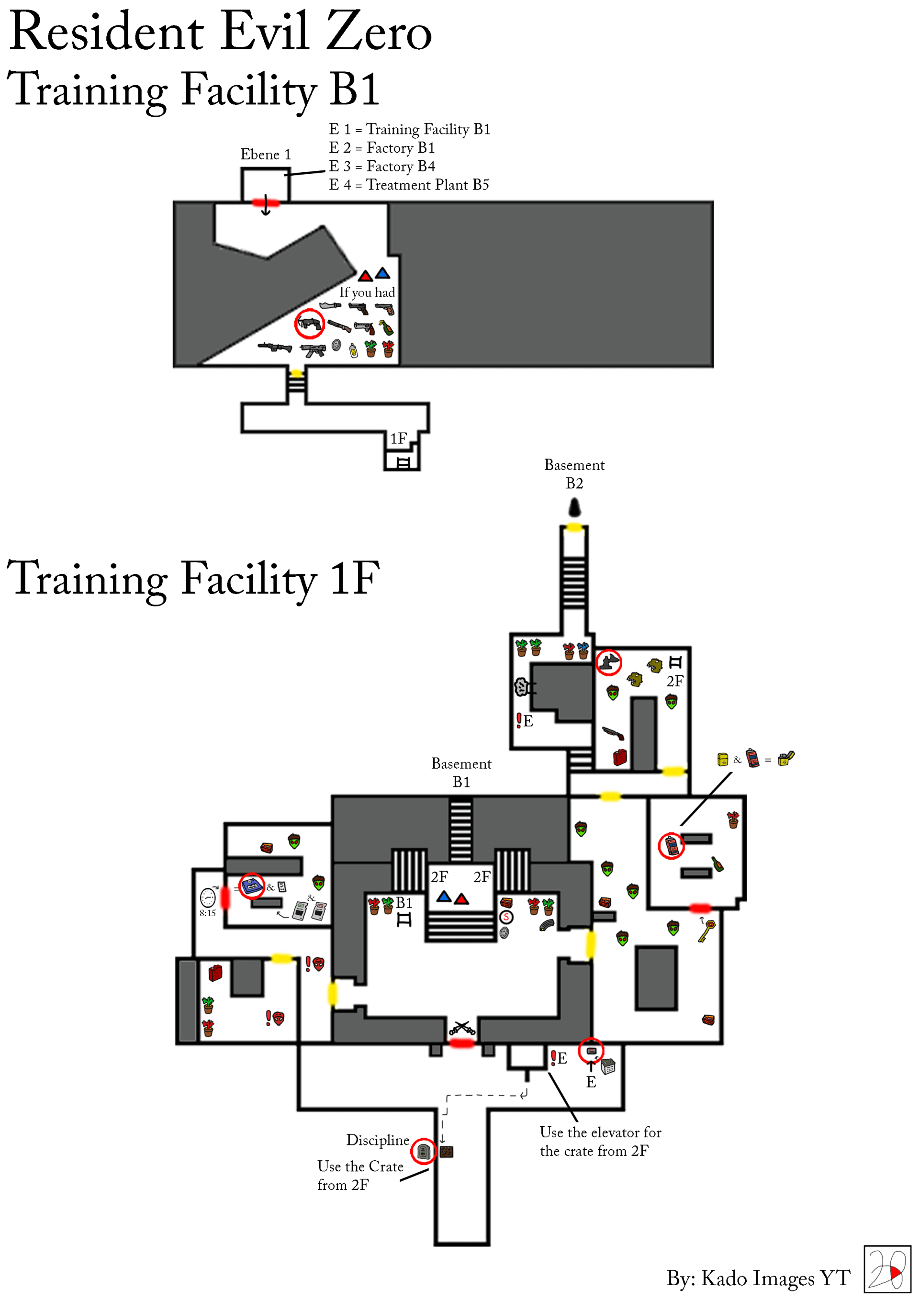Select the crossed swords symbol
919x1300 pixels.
[x=461, y=1027]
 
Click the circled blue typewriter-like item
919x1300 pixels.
[x=252, y=886]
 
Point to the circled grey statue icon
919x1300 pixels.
[x=609, y=662]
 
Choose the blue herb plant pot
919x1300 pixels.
[x=583, y=650]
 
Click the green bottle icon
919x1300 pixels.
[x=717, y=864]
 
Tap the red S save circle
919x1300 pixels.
[x=506, y=917]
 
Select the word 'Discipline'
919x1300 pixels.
[x=377, y=1140]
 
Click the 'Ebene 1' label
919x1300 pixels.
[x=265, y=155]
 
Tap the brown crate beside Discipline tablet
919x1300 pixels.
[x=446, y=1152]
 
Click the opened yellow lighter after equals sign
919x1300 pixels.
[x=786, y=758]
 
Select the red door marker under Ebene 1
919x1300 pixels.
[x=266, y=202]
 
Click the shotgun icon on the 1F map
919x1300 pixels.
[x=613, y=733]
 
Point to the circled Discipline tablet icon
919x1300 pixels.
[x=424, y=1151]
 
